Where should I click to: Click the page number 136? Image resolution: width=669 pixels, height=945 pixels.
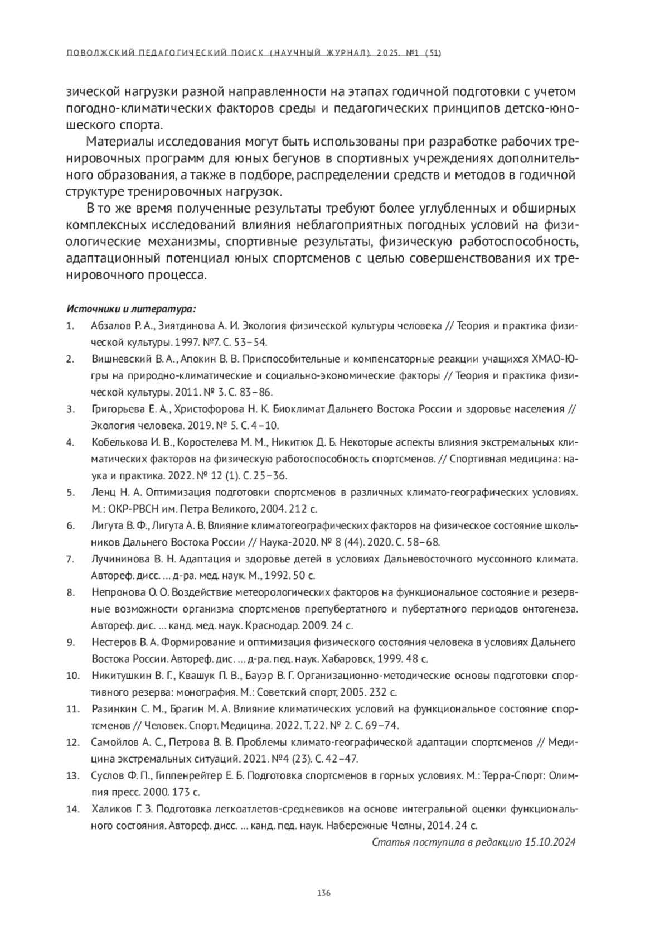pyautogui.click(x=324, y=893)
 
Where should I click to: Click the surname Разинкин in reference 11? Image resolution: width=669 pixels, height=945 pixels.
pyautogui.click(x=113, y=709)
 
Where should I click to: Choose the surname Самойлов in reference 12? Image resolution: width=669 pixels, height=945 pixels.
pyautogui.click(x=113, y=742)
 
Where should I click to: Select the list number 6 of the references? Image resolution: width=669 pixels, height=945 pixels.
pyautogui.click(x=70, y=525)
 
